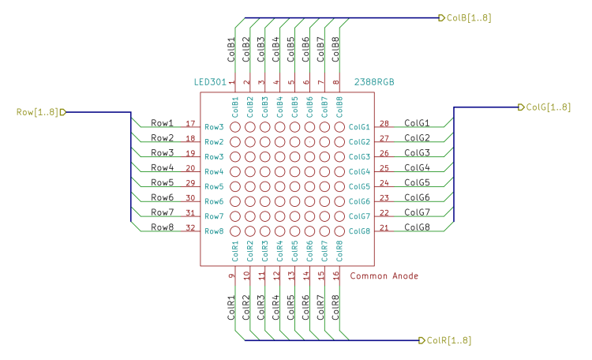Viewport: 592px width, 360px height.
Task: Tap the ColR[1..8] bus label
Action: click(x=448, y=341)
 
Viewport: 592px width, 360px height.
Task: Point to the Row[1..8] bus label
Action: click(x=37, y=112)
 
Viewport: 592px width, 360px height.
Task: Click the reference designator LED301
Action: click(x=210, y=82)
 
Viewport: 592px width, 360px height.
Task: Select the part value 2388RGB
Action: click(x=374, y=82)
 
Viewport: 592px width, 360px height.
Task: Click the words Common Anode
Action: click(x=384, y=276)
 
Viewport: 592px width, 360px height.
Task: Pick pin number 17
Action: click(x=189, y=123)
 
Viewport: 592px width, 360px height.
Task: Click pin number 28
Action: click(x=384, y=123)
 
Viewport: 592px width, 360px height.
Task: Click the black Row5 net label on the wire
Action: click(x=163, y=182)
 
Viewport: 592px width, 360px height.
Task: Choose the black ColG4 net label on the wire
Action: click(x=417, y=167)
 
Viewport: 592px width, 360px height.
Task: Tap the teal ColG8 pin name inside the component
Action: click(x=359, y=231)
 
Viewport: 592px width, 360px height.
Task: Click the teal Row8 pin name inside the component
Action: click(x=214, y=231)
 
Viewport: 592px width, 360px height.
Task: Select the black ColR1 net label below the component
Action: click(x=231, y=307)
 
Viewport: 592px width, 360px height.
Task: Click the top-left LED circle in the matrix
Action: click(x=235, y=126)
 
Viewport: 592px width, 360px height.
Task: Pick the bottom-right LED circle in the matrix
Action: click(x=339, y=231)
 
